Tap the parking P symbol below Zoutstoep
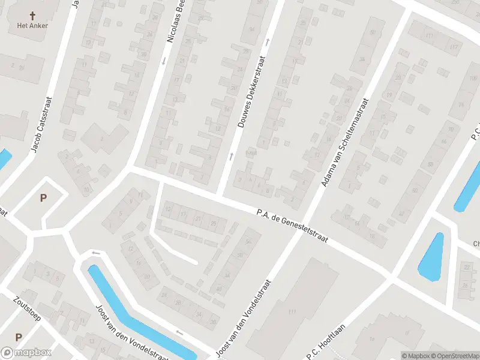tap(19, 337)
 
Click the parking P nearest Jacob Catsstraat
tap(43, 197)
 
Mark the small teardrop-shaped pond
tap(431, 256)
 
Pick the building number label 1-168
tap(250, 153)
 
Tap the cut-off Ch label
tap(476, 244)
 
